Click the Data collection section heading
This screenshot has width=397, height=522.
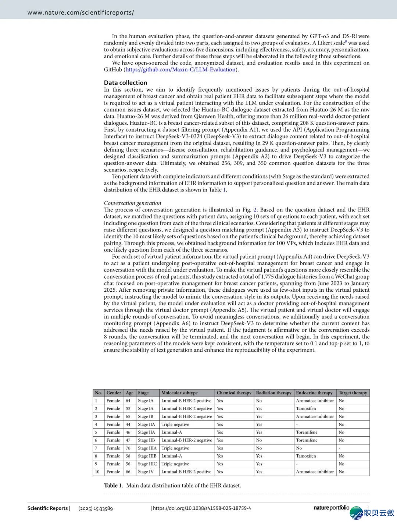click(125, 83)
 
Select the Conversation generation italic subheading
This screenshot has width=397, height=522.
click(132, 203)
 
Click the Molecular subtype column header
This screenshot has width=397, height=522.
click(179, 393)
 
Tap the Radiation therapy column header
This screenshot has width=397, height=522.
click(273, 393)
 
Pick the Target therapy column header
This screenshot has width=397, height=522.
click(353, 393)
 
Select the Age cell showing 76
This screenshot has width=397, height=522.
click(128, 448)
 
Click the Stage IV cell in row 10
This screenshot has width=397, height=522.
click(146, 472)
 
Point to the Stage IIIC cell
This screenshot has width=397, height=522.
click(147, 464)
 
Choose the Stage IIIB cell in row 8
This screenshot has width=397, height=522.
click(147, 456)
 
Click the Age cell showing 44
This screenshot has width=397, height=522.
click(128, 425)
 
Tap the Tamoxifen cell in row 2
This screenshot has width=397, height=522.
click(306, 409)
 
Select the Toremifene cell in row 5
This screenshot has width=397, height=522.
click(307, 432)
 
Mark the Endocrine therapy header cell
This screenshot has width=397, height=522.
click(314, 393)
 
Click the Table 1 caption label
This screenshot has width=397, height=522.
click(113, 486)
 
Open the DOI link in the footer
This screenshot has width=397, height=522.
click(202, 508)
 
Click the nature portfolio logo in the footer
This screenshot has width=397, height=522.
click(331, 508)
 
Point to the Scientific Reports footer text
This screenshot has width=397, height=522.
click(48, 508)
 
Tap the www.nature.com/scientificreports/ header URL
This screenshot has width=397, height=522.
click(81, 13)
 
